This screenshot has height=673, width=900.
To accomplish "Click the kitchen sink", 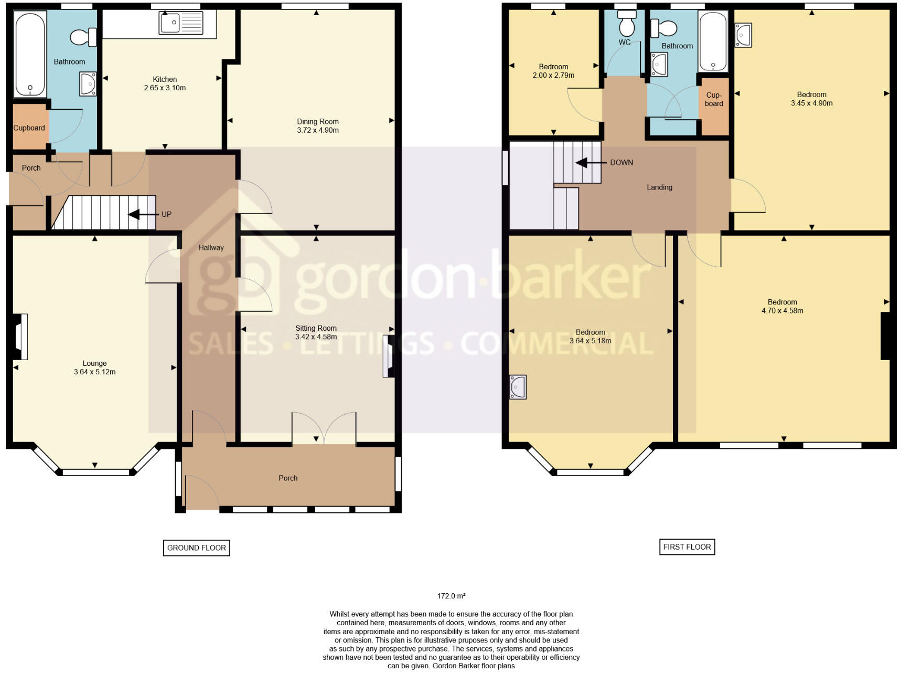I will tap(181, 23).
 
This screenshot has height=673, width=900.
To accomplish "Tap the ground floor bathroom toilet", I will tap(83, 37).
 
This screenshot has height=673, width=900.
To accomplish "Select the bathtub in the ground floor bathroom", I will tap(30, 55).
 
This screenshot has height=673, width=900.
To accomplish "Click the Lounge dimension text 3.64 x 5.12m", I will tap(95, 372).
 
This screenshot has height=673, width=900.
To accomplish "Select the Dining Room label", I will tap(317, 121).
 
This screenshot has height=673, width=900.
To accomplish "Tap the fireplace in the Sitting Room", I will tap(389, 356).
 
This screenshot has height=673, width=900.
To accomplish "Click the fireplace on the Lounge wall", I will tap(19, 337).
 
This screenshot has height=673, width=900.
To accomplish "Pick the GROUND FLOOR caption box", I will tap(196, 548).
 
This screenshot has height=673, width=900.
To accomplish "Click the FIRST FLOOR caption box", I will tap(687, 546).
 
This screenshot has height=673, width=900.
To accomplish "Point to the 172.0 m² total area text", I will tap(451, 596).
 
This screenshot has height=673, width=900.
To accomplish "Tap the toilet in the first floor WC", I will tap(627, 23).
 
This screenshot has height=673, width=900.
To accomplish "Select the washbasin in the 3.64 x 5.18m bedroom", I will tap(518, 387).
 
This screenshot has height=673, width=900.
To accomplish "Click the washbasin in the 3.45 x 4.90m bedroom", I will tap(743, 35).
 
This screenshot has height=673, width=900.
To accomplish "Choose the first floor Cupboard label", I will tap(714, 99).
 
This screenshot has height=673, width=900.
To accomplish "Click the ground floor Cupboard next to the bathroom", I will tap(29, 128).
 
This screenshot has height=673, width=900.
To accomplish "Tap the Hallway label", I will tap(211, 247).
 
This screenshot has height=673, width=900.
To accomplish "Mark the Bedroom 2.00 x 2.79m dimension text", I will tap(553, 75).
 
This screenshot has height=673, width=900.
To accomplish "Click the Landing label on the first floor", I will tap(659, 187).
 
